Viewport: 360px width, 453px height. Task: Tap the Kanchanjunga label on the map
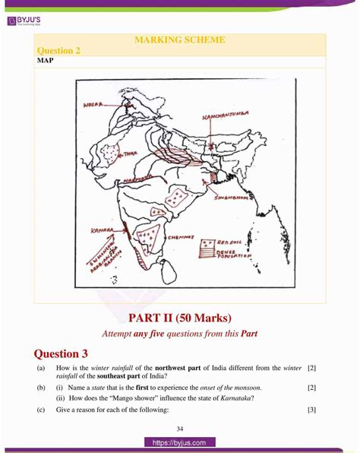222,117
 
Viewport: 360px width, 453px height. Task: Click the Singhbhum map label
230,196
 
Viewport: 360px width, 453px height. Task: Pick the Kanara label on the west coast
101,227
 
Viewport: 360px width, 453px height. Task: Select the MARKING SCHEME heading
179,40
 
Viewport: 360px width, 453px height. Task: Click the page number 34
179,427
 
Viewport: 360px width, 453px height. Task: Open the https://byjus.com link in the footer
179,442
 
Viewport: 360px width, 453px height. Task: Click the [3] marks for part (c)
311,410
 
